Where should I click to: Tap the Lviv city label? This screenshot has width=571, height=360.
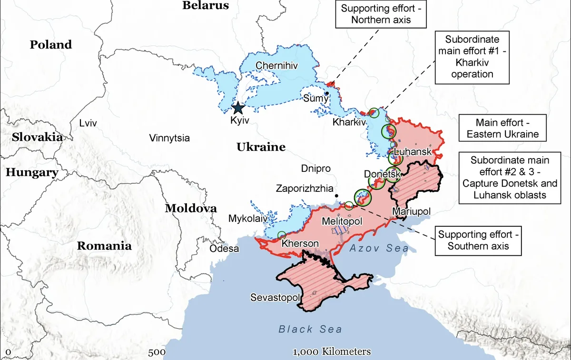coord(88,123)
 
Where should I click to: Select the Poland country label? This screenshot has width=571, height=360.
coord(51,45)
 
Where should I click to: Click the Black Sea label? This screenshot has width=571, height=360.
coord(310,329)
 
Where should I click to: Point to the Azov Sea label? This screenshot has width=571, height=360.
coord(379,248)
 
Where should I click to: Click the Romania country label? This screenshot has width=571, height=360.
coord(104,246)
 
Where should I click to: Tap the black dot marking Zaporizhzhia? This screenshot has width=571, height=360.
coord(336,196)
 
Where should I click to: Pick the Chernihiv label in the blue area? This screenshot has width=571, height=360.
coord(277,66)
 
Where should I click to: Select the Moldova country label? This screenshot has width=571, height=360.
coord(191,209)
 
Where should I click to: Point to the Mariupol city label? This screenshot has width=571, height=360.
coord(411,210)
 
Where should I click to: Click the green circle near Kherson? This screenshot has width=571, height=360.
coord(281,235)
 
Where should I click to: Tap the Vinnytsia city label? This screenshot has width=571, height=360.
coord(169,139)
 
